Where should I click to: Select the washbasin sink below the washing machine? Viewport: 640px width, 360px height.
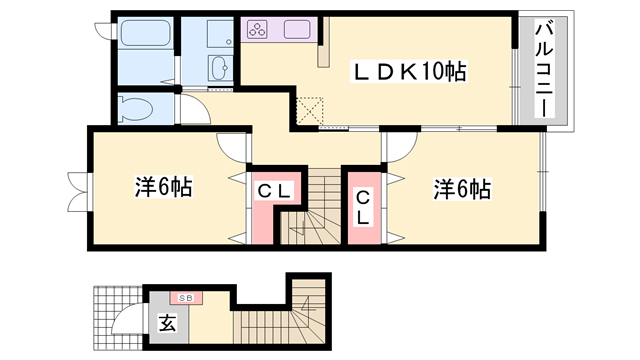[x=219, y=69]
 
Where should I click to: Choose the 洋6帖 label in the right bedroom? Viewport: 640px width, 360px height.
[x=461, y=187]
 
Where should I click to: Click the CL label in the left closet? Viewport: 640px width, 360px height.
[x=273, y=191]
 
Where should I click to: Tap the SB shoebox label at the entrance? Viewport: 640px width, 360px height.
[x=186, y=297]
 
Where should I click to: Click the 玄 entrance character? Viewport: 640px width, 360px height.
[x=165, y=322]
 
